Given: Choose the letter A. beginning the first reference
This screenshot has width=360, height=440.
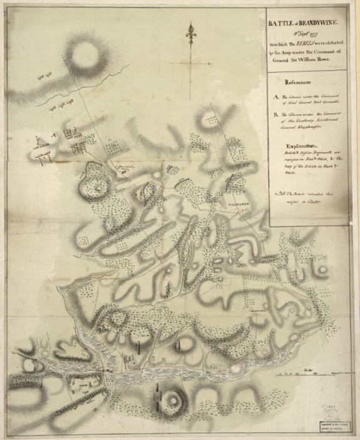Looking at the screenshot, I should pyautogui.click(x=277, y=97).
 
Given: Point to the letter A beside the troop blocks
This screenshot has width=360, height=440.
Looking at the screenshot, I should pyautogui.click(x=55, y=134).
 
